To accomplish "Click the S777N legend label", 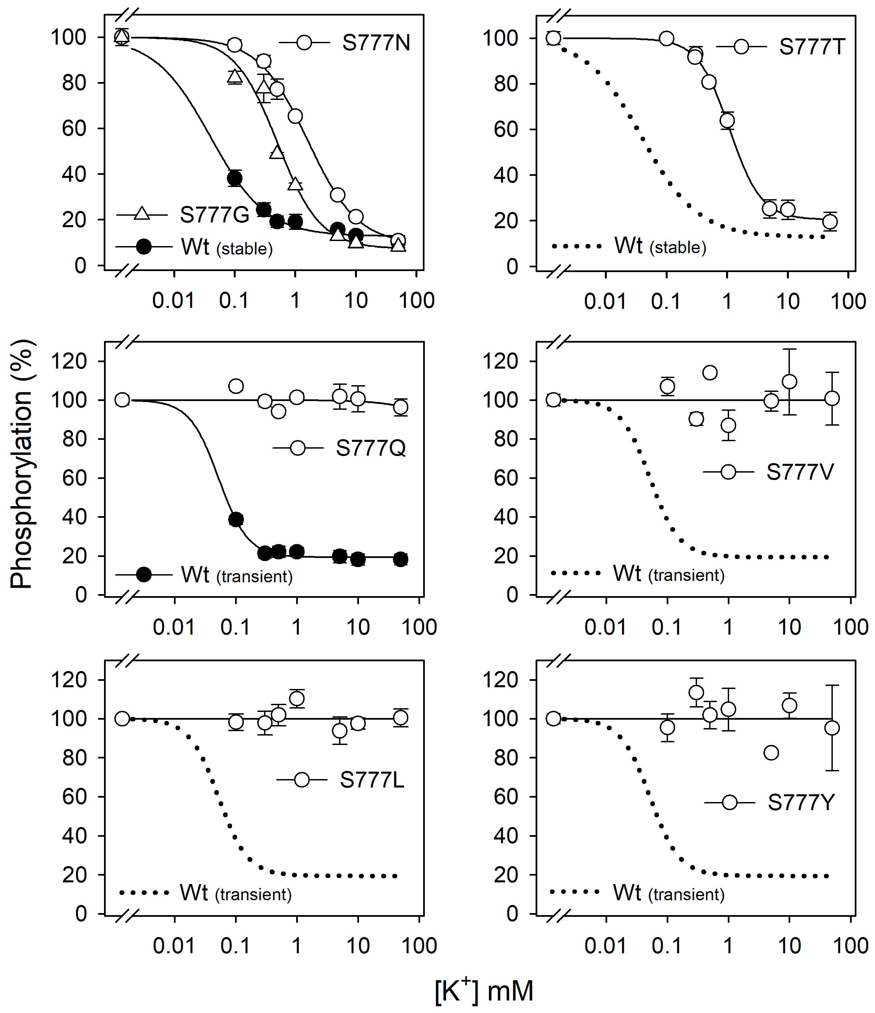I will click(x=376, y=43).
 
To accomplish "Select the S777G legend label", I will click(x=214, y=215).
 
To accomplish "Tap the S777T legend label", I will click(x=812, y=47).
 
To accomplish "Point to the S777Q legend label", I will click(x=370, y=448).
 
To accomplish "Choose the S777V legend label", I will click(x=800, y=472).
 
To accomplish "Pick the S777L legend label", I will click(x=372, y=780).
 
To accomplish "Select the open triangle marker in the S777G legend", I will click(x=142, y=214).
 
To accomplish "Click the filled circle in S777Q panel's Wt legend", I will click(x=143, y=575).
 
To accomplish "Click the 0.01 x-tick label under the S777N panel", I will click(x=173, y=300).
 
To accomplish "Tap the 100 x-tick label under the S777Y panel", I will click(x=850, y=946).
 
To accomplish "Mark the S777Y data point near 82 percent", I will click(x=771, y=753).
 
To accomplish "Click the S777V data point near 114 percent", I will click(x=710, y=373).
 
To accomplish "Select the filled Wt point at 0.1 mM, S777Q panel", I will click(x=236, y=520).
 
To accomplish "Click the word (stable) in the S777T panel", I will click(x=678, y=247).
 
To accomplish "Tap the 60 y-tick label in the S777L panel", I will click(x=74, y=797).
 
